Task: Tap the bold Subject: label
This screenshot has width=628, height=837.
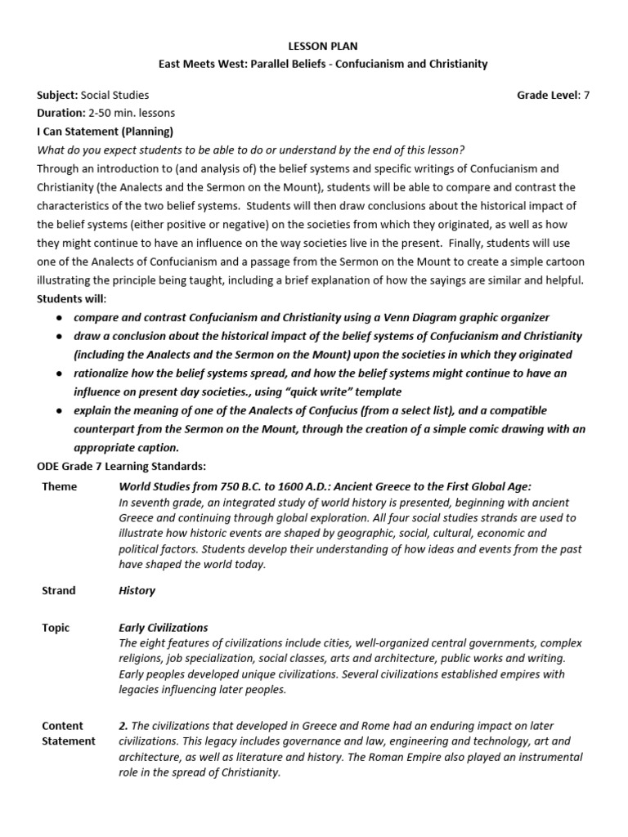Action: [x=56, y=95]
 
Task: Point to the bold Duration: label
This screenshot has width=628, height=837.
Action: [x=61, y=113]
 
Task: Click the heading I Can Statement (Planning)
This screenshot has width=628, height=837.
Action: [x=105, y=131]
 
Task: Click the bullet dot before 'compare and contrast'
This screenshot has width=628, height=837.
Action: [x=59, y=318]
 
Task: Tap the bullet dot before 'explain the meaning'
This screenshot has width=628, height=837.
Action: [x=59, y=411]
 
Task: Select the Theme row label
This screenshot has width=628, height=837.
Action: [x=59, y=487]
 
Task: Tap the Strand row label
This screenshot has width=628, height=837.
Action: [x=58, y=590]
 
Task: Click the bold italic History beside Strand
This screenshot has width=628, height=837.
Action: [x=137, y=590]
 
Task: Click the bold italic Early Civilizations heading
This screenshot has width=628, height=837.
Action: [x=164, y=628]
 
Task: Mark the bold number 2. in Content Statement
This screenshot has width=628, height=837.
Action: [x=123, y=726]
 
